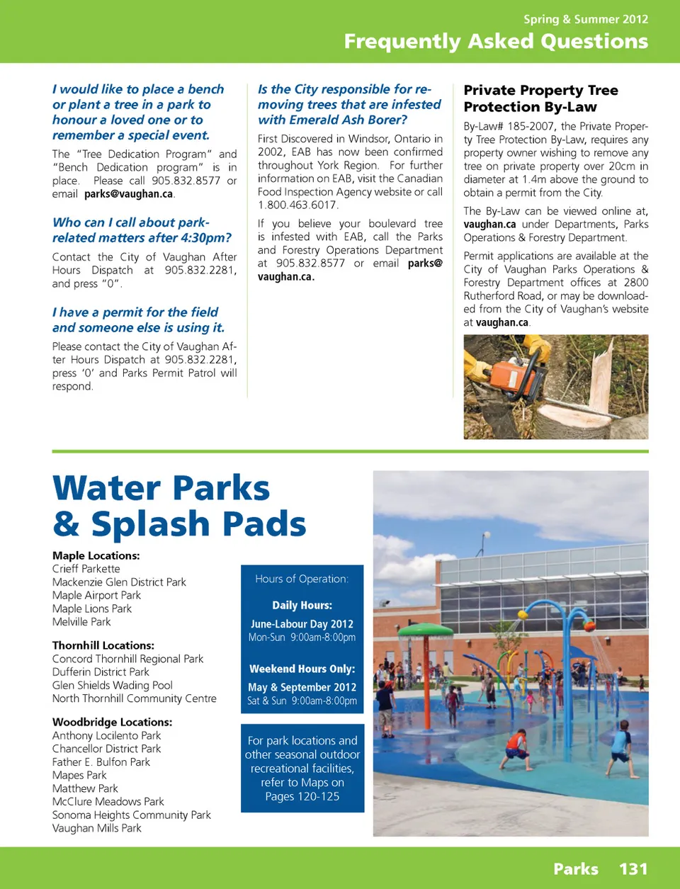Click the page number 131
point(633,869)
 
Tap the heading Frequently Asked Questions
point(496,42)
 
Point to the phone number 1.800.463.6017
point(298,205)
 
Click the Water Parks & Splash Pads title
point(178,506)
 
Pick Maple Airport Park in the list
point(96,595)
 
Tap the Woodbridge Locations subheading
point(112,722)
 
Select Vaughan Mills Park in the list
point(96,828)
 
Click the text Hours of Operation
point(302,579)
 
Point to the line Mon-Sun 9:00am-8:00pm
point(302,638)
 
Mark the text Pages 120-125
point(302,796)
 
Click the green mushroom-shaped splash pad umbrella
point(426,630)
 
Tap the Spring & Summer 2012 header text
point(586,19)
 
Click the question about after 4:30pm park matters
point(142,230)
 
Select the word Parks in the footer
point(575,869)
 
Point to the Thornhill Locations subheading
point(103,645)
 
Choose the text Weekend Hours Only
point(302,669)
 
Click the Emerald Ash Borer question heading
point(349,104)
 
